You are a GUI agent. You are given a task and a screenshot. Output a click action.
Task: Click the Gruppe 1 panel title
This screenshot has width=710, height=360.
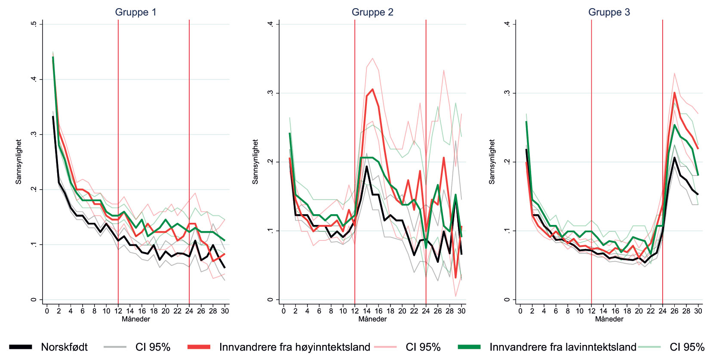tap(135, 12)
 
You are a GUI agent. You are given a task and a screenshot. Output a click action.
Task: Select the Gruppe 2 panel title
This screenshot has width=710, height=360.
tap(372, 12)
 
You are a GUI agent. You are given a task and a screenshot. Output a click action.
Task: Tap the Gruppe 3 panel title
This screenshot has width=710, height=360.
tap(609, 12)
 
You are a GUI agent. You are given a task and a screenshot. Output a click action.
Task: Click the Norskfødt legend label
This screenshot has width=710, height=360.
tap(64, 347)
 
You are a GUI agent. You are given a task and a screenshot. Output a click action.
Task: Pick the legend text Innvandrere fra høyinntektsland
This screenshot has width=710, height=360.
tap(295, 347)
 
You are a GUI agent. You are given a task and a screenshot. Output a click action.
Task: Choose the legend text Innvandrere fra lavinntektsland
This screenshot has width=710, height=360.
tap(562, 347)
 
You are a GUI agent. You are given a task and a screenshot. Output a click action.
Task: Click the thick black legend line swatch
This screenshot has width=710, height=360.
tap(21, 347)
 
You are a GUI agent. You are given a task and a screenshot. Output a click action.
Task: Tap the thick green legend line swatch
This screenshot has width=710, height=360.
tap(469, 347)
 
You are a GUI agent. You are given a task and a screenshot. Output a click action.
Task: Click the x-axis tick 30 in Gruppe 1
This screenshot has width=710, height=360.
tap(225, 311)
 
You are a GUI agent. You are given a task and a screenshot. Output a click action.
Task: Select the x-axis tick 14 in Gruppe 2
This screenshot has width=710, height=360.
tap(366, 311)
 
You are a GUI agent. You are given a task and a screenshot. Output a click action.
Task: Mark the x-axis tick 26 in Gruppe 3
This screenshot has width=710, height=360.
tap(674, 311)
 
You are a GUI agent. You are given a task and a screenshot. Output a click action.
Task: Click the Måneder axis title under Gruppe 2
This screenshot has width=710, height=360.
tap(372, 319)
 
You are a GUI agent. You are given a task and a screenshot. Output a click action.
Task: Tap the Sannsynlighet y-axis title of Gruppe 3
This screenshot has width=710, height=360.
tap(492, 162)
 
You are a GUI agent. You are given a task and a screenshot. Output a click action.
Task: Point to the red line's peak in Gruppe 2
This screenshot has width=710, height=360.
tap(372, 89)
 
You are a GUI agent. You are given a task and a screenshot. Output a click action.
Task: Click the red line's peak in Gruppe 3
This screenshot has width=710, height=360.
tap(674, 92)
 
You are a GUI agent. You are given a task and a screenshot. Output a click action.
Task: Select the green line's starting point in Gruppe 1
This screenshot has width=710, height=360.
tap(53, 57)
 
